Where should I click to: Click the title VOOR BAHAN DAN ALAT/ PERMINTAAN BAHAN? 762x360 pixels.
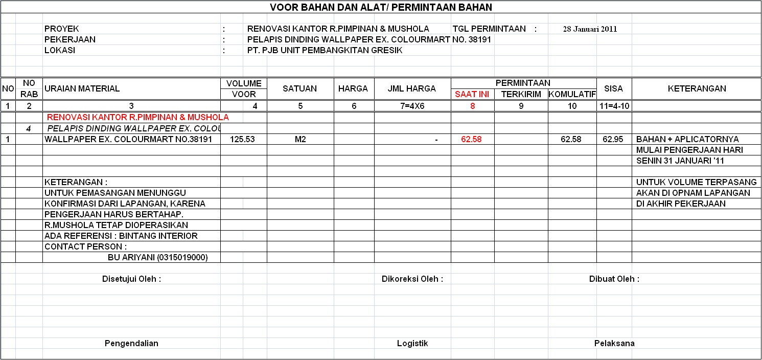pyautogui.click(x=381, y=7)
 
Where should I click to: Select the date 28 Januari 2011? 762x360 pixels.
pyautogui.click(x=590, y=29)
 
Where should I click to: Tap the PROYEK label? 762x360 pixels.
pyautogui.click(x=62, y=29)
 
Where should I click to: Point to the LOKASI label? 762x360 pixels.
pyautogui.click(x=60, y=51)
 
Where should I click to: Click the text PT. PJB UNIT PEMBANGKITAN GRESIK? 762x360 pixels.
pyautogui.click(x=325, y=51)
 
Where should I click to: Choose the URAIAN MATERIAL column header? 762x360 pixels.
pyautogui.click(x=82, y=88)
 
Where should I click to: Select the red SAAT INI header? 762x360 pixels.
pyautogui.click(x=472, y=95)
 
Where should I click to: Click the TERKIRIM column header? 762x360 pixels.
pyautogui.click(x=521, y=95)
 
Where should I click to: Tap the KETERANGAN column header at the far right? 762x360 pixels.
pyautogui.click(x=697, y=88)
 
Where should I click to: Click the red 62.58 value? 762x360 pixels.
pyautogui.click(x=471, y=139)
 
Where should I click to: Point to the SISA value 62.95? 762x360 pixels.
pyautogui.click(x=613, y=139)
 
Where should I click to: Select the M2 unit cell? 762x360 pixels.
pyautogui.click(x=300, y=139)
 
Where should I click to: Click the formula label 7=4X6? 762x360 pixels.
pyautogui.click(x=412, y=106)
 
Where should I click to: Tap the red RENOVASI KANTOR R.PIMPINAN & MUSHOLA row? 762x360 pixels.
pyautogui.click(x=137, y=118)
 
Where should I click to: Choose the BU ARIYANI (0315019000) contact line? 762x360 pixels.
pyautogui.click(x=157, y=258)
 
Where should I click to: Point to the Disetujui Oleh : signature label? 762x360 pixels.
pyautogui.click(x=132, y=279)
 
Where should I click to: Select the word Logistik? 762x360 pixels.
pyautogui.click(x=412, y=344)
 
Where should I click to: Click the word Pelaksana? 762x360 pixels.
pyautogui.click(x=614, y=344)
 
